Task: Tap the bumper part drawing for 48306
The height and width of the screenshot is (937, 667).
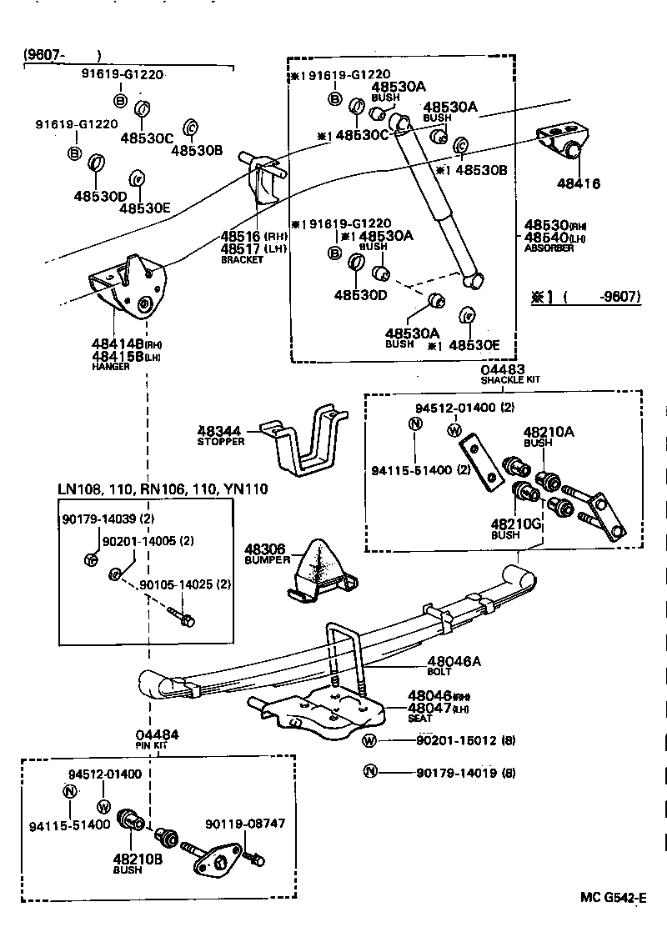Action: click(x=320, y=571)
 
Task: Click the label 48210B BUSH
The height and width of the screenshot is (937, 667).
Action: click(x=133, y=859)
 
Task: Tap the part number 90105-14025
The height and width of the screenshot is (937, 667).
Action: click(x=184, y=584)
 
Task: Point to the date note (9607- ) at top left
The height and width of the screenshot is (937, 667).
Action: click(x=63, y=55)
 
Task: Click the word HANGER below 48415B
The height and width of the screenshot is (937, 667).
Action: click(x=110, y=367)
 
